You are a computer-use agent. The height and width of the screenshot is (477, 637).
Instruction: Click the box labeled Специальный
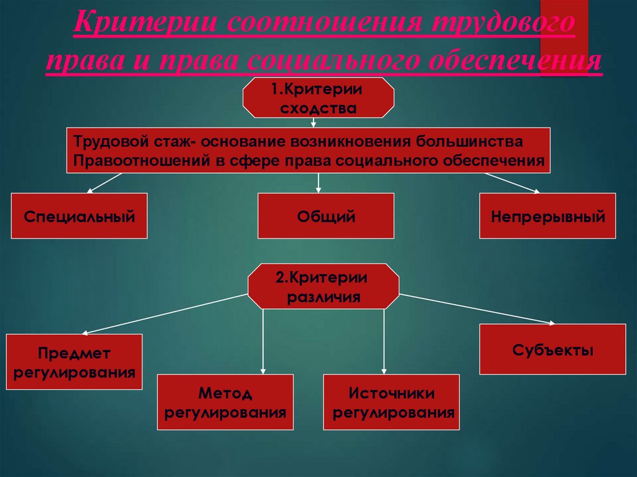[79, 216]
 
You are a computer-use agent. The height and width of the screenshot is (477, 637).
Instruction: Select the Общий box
[325, 216]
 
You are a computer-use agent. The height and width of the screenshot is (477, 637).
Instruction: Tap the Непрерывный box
[547, 216]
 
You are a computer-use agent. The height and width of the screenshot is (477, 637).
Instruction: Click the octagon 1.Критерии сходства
[317, 98]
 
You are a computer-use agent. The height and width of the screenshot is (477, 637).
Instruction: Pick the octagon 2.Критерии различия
[323, 286]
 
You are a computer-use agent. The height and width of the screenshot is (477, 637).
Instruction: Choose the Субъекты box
[552, 349]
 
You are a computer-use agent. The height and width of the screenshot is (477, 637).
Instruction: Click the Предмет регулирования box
[74, 362]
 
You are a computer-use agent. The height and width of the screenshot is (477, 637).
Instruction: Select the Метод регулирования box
[225, 402]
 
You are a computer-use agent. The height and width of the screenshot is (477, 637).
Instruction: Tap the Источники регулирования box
[391, 402]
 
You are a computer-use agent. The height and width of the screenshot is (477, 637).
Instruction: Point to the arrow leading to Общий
[318, 183]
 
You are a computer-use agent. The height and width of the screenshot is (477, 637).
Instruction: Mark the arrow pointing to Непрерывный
[513, 183]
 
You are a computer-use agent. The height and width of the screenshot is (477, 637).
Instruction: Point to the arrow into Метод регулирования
[263, 342]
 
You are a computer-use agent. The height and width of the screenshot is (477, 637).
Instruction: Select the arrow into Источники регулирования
[384, 342]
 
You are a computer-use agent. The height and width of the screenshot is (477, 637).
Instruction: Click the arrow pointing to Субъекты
[479, 308]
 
